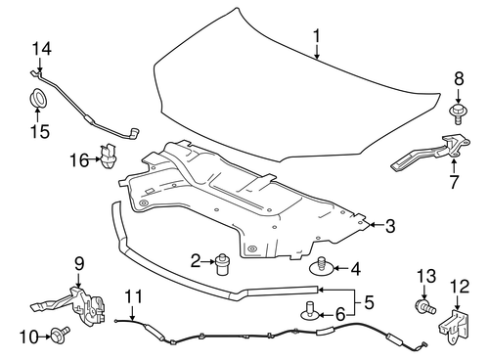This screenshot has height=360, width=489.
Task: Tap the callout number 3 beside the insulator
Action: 390,227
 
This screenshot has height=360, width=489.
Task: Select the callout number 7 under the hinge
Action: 454,183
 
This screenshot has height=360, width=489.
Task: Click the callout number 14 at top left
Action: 40,48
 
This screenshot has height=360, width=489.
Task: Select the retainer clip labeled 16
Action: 110,157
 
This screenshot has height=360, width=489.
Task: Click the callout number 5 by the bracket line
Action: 369,302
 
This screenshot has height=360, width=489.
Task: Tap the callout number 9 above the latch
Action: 79,262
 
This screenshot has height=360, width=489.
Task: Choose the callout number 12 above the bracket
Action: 459,286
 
